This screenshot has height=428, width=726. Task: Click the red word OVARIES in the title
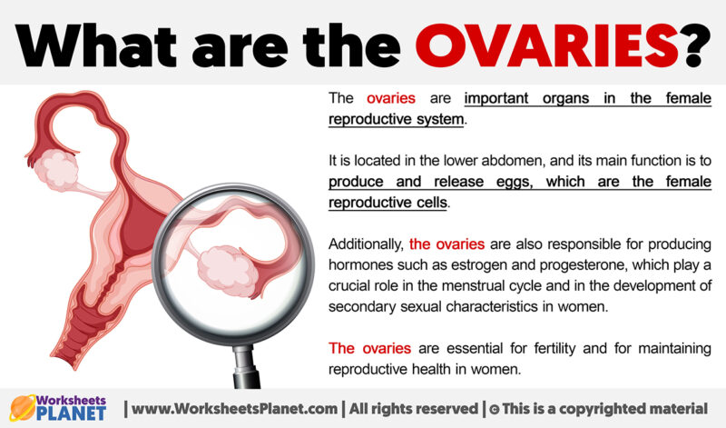click(x=547, y=46)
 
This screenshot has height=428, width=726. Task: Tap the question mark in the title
click(x=695, y=46)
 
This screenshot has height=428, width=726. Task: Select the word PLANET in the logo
click(x=72, y=413)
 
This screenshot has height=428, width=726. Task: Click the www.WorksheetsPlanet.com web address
click(x=234, y=409)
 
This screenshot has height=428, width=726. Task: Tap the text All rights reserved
click(x=414, y=409)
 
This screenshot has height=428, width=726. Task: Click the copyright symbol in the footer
click(x=494, y=410)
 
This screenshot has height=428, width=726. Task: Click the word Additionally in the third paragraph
click(x=367, y=244)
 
